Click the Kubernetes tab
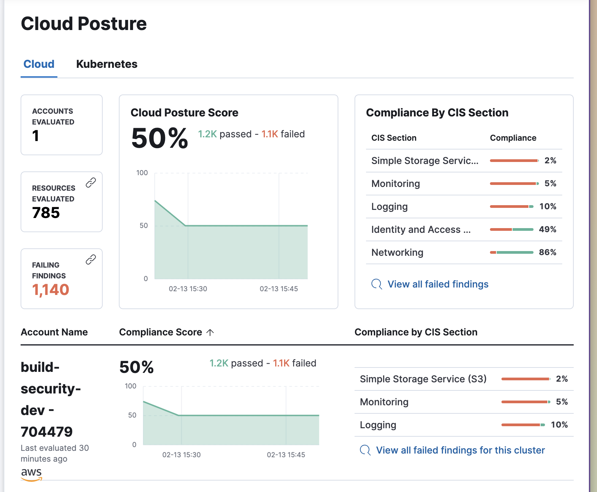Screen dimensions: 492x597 pos(107,64)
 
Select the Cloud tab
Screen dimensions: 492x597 pos(39,64)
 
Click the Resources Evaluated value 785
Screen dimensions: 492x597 pos(46,213)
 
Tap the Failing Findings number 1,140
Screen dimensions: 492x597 pos(51,290)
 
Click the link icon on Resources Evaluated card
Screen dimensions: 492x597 pos(90,183)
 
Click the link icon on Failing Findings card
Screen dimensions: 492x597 pos(90,259)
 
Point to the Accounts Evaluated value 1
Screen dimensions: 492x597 pos(35,136)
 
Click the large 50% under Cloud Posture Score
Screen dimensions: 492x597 pos(159,138)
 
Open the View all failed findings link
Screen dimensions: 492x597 pos(438,284)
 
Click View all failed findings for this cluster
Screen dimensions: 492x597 pos(460,450)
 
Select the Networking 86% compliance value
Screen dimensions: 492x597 pos(547,252)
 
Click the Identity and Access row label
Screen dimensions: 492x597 pos(421,229)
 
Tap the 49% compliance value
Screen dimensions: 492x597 pos(547,229)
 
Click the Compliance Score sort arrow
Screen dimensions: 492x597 pos(210,332)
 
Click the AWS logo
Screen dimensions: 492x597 pos(31,473)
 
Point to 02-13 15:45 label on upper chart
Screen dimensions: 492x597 pos(279,289)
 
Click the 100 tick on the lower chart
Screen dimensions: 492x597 pos(130,386)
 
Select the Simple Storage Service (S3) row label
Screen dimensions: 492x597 pos(423,379)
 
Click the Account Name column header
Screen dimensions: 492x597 pos(54,332)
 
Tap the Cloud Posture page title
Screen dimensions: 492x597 pos(84,24)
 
